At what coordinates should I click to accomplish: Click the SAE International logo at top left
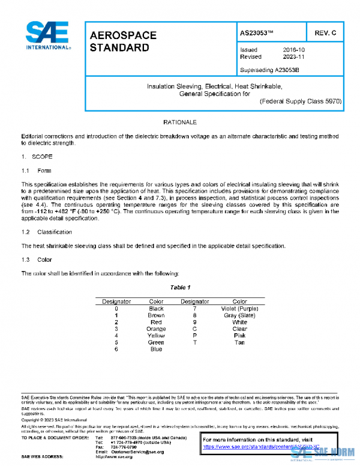(x=47, y=35)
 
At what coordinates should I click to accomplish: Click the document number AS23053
(x=256, y=33)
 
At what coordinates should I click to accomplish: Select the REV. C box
(x=324, y=33)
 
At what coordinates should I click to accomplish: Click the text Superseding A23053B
(x=269, y=70)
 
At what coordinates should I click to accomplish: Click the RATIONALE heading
(x=180, y=122)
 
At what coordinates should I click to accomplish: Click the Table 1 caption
(x=180, y=287)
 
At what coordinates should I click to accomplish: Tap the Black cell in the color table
(x=156, y=309)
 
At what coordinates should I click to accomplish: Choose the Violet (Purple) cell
(x=239, y=309)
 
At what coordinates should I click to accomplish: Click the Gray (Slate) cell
(x=239, y=315)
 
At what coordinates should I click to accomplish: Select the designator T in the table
(x=194, y=342)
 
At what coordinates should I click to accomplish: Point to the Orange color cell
(x=156, y=329)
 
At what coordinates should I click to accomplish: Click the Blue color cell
(x=156, y=349)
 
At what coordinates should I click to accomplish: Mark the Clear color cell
(x=239, y=329)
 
